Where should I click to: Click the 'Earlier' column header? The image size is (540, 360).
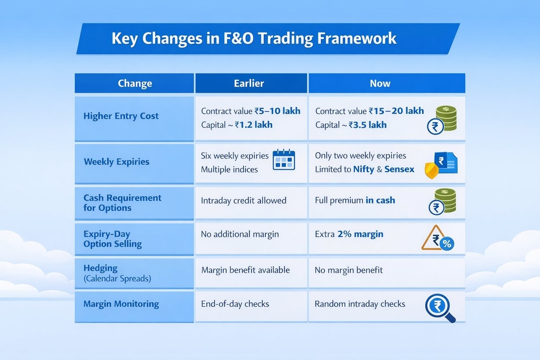coord(249,84)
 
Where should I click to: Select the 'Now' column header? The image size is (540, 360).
coord(380,84)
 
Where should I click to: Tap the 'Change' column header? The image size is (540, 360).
coord(135,84)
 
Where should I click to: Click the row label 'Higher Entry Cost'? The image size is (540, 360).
coord(121,116)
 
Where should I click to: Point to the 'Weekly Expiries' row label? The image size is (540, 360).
coord(117,162)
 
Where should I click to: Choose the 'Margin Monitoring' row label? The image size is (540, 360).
coord(121,304)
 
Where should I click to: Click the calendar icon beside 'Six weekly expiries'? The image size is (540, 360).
coord(284,160)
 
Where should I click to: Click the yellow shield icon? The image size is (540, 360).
coord(431,171)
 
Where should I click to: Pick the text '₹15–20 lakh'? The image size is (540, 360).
coord(396,111)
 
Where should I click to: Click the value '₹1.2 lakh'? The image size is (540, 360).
coord(254,125)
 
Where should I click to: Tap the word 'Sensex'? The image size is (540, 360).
coord(399,169)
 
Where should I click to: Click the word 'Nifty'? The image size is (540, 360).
coord(364,169)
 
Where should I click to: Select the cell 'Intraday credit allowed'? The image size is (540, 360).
coord(244,200)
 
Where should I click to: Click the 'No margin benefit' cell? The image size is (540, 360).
coord(349,270)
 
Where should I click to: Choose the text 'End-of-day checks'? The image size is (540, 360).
coord(235,304)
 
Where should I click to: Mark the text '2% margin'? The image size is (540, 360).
coord(361,234)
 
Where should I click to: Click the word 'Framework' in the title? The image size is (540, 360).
coord(357,38)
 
